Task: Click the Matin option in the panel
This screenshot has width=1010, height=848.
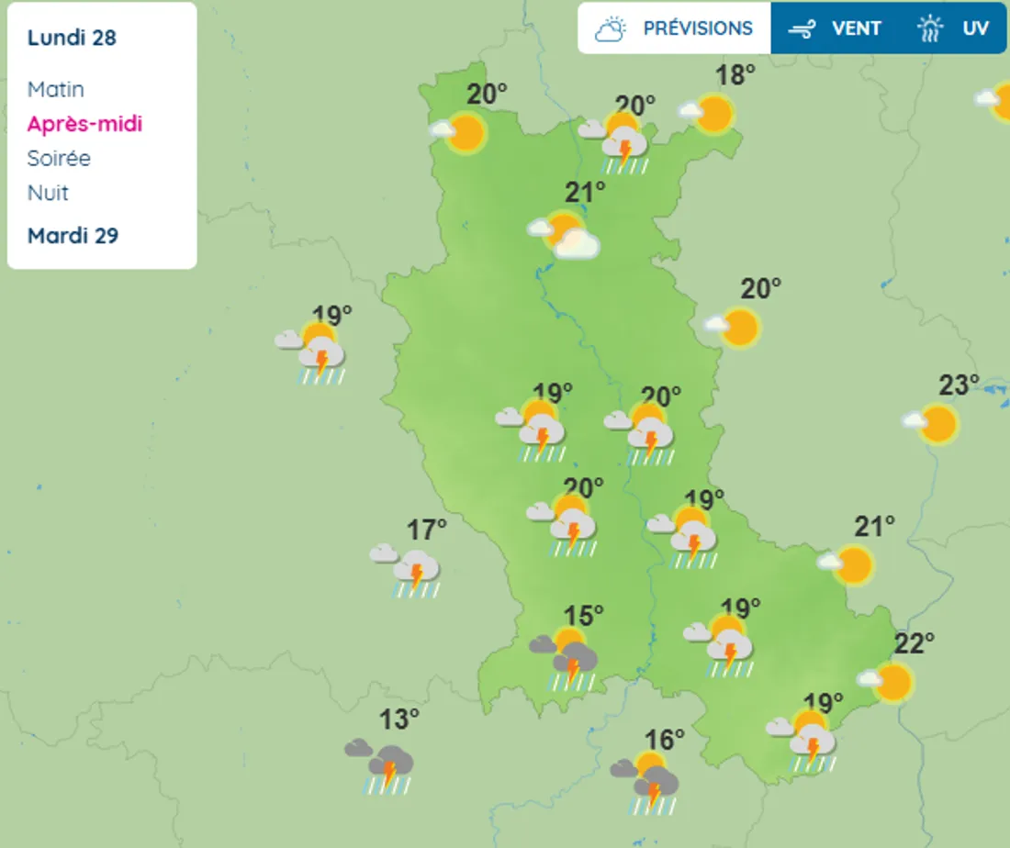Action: [56, 89]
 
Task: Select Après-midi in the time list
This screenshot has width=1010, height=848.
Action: [84, 124]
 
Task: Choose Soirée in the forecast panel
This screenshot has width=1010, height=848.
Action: [59, 158]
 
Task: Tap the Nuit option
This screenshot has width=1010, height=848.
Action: [48, 193]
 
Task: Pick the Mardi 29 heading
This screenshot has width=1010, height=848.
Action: [73, 236]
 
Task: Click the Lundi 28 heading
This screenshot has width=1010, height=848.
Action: [72, 38]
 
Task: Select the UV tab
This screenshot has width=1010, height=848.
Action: [955, 28]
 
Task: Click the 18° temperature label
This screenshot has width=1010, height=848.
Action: [735, 75]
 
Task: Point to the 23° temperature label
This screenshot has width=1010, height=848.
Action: [959, 385]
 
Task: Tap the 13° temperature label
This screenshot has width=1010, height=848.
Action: [399, 716]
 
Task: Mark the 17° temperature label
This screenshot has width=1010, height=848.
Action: [426, 530]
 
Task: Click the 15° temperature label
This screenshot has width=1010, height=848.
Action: [583, 613]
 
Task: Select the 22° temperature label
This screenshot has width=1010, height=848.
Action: [914, 642]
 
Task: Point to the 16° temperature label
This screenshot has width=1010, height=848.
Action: [664, 739]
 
